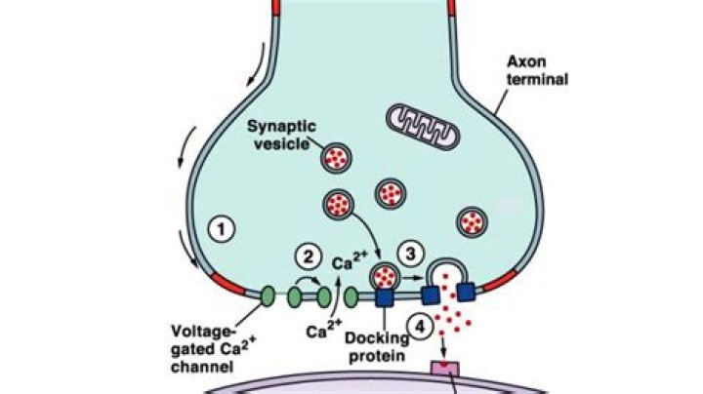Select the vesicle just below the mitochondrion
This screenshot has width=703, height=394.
(392, 192)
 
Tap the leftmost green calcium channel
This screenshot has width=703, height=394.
(267, 294)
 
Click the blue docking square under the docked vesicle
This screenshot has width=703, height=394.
(385, 296)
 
